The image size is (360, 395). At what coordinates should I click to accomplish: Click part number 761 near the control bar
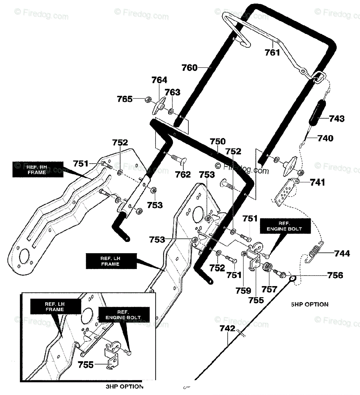click(272, 53)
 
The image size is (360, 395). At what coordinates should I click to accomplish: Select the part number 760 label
click(189, 68)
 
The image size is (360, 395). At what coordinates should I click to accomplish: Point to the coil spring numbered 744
click(315, 252)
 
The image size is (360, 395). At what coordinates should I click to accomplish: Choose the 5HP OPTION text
click(310, 304)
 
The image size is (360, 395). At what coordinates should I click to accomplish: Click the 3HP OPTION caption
click(125, 386)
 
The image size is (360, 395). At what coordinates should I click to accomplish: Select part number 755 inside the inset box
click(85, 365)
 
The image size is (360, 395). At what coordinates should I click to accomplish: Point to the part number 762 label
click(183, 175)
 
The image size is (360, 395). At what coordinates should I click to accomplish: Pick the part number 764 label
click(159, 80)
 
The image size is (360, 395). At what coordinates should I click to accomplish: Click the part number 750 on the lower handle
click(218, 142)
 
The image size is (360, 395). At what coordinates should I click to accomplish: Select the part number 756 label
click(335, 275)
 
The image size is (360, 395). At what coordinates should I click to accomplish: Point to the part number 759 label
click(243, 291)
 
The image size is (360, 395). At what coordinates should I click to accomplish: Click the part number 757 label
click(269, 289)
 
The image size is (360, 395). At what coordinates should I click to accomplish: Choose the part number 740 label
click(325, 138)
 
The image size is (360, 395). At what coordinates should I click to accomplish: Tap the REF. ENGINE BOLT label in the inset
click(124, 315)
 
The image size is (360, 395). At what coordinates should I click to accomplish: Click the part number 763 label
click(173, 92)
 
